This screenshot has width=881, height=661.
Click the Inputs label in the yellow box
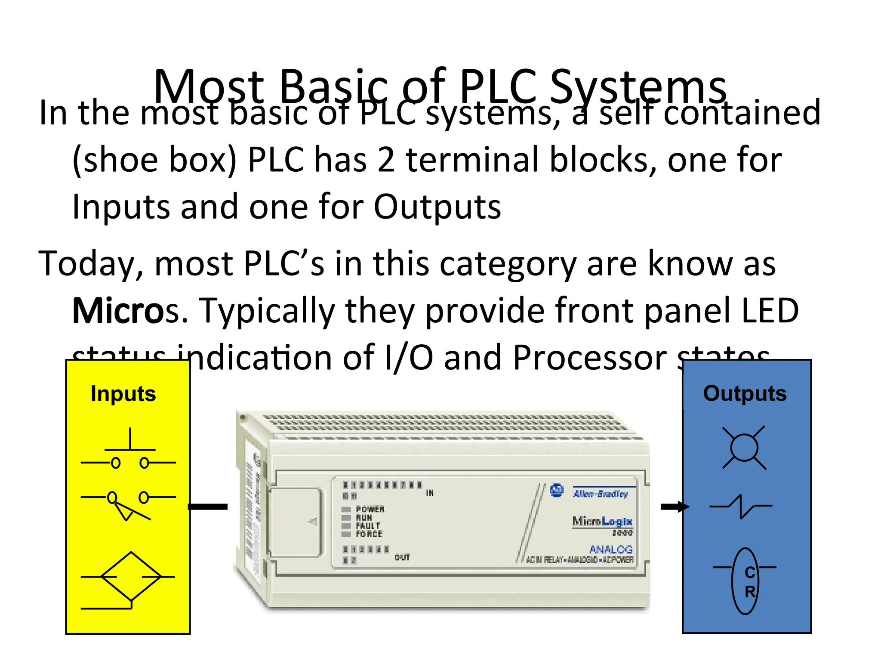pyautogui.click(x=123, y=394)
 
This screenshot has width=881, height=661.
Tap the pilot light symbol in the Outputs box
pyautogui.click(x=744, y=448)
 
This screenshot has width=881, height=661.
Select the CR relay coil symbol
pyautogui.click(x=745, y=581)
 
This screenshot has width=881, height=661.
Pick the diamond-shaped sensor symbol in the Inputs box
pyautogui.click(x=130, y=577)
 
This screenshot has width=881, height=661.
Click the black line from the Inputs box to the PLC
pyautogui.click(x=208, y=507)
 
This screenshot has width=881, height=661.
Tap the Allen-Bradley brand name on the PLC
pyautogui.click(x=601, y=494)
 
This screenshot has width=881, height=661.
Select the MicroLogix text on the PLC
pyautogui.click(x=602, y=521)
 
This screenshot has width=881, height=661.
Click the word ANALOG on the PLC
pyautogui.click(x=610, y=549)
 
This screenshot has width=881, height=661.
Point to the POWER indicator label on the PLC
pyautogui.click(x=370, y=509)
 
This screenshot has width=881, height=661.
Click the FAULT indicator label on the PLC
pyautogui.click(x=368, y=526)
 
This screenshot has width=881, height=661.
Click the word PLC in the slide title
pyautogui.click(x=498, y=86)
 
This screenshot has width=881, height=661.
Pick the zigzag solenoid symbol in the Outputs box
pyautogui.click(x=741, y=507)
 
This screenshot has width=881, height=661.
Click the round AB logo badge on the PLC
pyautogui.click(x=557, y=490)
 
